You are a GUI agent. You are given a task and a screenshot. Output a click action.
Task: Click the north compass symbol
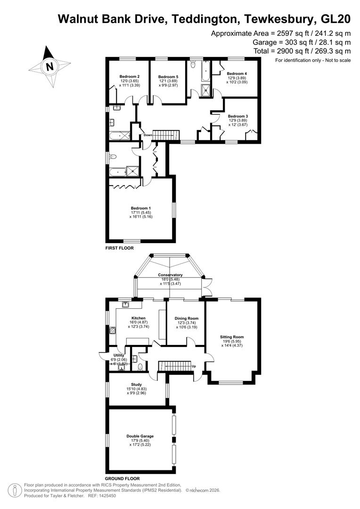49,66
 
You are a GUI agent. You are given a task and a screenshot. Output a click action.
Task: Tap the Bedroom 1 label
141,207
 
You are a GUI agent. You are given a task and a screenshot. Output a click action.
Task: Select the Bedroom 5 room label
168,77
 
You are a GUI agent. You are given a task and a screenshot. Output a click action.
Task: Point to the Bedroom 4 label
237,74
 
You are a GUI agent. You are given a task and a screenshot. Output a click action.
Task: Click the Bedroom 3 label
237,116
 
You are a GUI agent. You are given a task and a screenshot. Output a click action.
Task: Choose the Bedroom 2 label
129,76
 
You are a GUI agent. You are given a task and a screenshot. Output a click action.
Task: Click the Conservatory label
170,275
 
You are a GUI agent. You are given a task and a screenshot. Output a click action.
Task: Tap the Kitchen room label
138,318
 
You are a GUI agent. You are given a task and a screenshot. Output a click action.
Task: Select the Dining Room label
186,318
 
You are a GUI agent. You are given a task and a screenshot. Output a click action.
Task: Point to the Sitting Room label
232,337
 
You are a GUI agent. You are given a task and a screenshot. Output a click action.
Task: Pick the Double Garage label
140,436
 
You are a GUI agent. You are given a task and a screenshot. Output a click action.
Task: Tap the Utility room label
118,355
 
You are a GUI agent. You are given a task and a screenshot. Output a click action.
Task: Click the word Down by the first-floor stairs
148,135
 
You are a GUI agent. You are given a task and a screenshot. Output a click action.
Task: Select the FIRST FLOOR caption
119,247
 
